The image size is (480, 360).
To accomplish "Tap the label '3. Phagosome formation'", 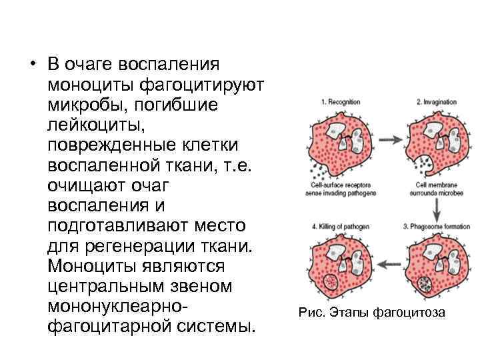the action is pos(437,227).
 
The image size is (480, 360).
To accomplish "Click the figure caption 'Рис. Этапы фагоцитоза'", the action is pos(371,313).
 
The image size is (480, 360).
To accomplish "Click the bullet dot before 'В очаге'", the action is pos(31,65).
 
